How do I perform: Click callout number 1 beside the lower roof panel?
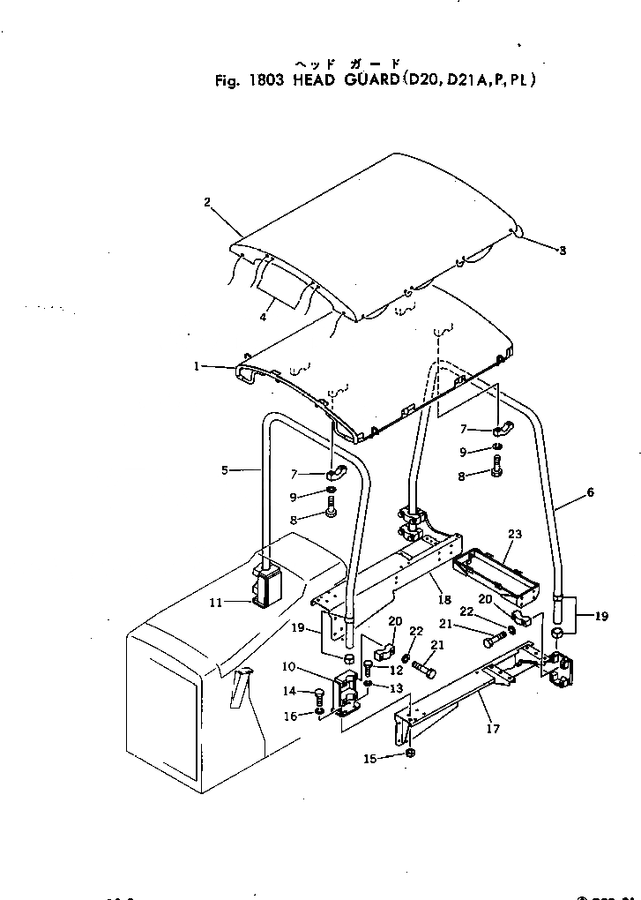click(x=197, y=366)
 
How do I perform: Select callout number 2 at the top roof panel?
click(x=207, y=202)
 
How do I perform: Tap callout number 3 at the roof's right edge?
click(x=562, y=251)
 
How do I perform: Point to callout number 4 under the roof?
click(x=263, y=317)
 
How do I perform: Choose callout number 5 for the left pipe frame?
click(x=226, y=470)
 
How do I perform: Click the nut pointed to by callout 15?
click(x=411, y=752)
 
